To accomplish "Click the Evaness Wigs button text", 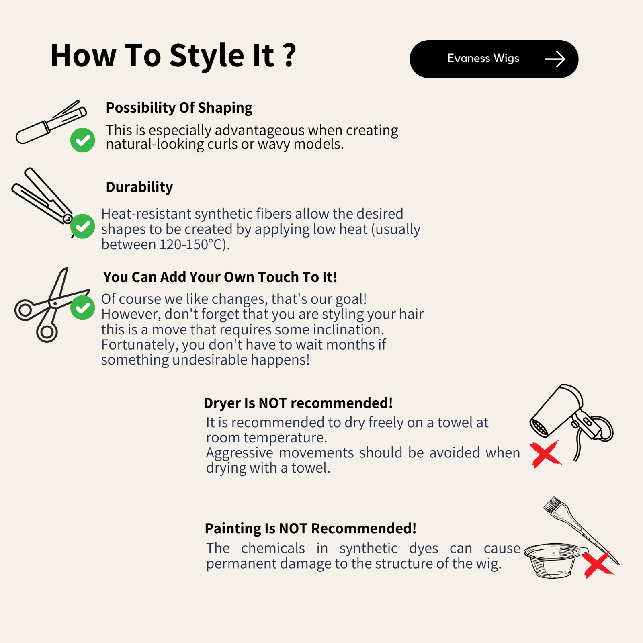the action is (x=483, y=59).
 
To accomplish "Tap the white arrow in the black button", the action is (x=555, y=59).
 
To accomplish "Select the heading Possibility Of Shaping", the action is (x=179, y=108).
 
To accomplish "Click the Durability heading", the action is (x=139, y=187).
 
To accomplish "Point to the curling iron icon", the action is (x=51, y=122).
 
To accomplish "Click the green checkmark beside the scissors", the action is (x=82, y=308).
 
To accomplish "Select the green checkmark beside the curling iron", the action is (x=82, y=140).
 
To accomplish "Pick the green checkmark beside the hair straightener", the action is (x=82, y=226).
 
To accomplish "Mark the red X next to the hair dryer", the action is (x=545, y=454).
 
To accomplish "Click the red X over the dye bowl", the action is (x=598, y=564).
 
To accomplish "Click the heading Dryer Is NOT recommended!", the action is (x=298, y=403).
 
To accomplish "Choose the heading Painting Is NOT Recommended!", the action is (x=311, y=528).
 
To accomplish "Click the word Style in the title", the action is (x=207, y=55).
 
